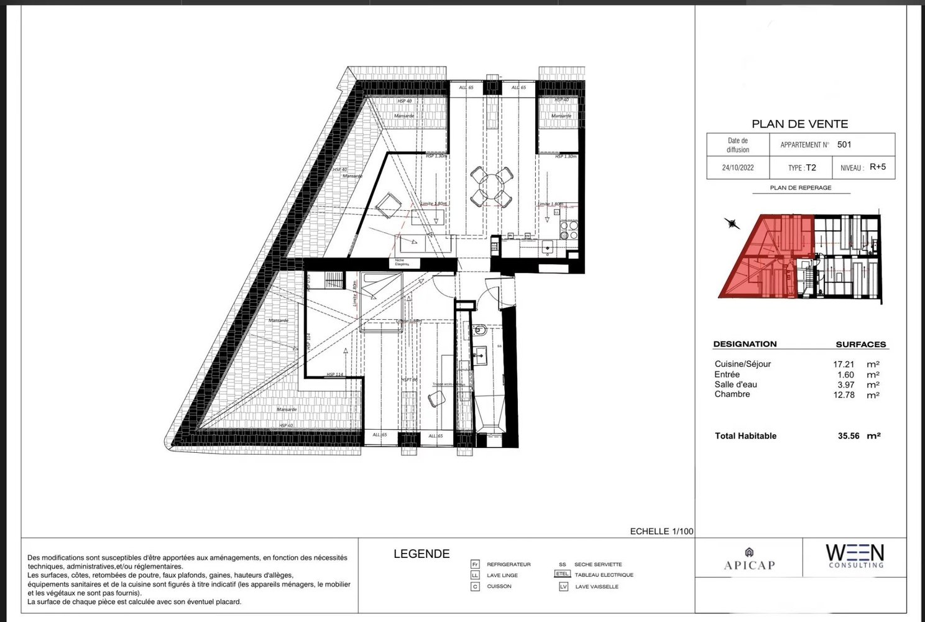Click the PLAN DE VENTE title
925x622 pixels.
pos(799,124)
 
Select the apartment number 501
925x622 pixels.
pos(844,144)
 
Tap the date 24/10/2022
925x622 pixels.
pos(738,168)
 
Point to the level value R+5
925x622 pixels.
pos(878,167)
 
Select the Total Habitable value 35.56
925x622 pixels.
pos(849,436)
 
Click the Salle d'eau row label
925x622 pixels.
pos(735,384)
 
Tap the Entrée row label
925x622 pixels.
pos(727,374)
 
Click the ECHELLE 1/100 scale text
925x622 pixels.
pos(661,531)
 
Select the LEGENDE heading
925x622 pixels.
pos(421,554)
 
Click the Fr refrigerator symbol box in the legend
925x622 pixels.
pos(475,564)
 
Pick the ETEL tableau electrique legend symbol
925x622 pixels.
pos(562,574)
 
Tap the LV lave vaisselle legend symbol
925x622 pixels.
pos(563,587)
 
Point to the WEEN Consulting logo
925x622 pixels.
pos(854,555)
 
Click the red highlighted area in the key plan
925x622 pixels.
pos(768,258)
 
